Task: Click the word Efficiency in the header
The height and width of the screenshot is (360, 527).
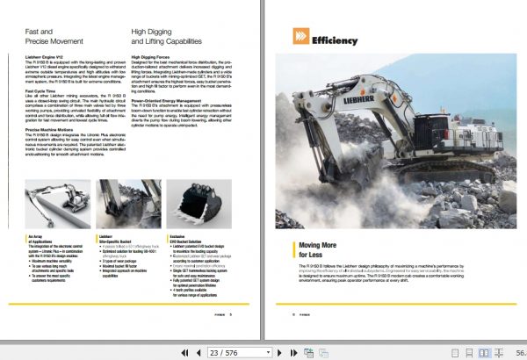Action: [336, 40]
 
